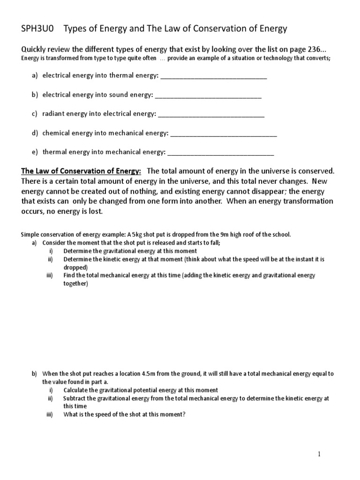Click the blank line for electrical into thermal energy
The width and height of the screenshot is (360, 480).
pyautogui.click(x=213, y=77)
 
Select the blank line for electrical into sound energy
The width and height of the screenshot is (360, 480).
pyautogui.click(x=208, y=96)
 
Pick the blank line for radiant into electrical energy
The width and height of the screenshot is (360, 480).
pyautogui.click(x=211, y=114)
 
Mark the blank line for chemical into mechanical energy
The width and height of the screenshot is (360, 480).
pyautogui.click(x=224, y=134)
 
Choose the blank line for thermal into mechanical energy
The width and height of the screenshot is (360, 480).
pyautogui.click(x=220, y=152)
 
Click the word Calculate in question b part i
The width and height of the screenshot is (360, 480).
pyautogui.click(x=77, y=390)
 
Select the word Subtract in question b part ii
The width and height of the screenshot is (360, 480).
pyautogui.click(x=75, y=398)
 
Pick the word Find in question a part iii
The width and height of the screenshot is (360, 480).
pyautogui.click(x=69, y=276)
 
